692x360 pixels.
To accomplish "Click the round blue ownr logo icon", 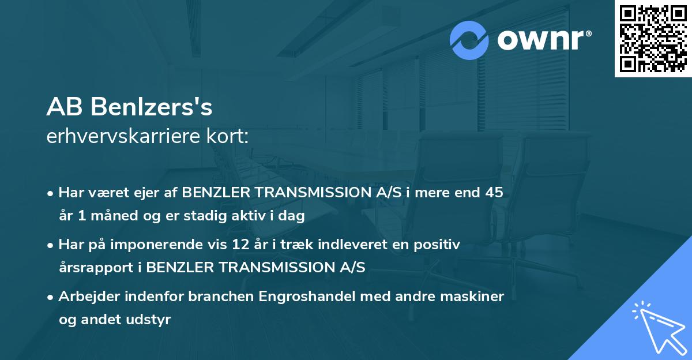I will tap(469, 40).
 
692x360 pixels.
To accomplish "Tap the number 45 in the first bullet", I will tap(494, 193).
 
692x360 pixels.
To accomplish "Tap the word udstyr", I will tap(151, 320).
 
